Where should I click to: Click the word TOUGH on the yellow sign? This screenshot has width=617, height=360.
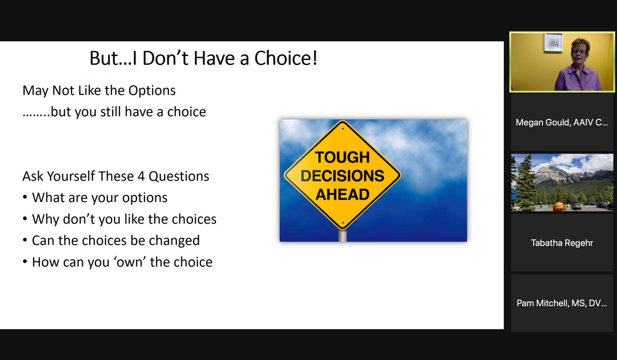tap(342, 157)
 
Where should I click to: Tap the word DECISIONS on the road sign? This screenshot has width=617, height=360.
tap(342, 176)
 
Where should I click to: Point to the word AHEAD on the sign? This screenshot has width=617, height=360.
tap(342, 194)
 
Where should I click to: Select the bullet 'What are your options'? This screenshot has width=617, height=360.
tap(100, 197)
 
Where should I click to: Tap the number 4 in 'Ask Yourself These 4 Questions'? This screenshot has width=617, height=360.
tap(141, 176)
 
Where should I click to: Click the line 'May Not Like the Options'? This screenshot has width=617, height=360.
tap(99, 90)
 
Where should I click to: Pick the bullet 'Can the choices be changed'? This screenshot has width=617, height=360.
tap(116, 240)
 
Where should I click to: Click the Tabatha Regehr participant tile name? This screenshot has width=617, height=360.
tap(562, 243)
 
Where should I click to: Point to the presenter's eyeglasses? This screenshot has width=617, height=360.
tap(579, 52)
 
